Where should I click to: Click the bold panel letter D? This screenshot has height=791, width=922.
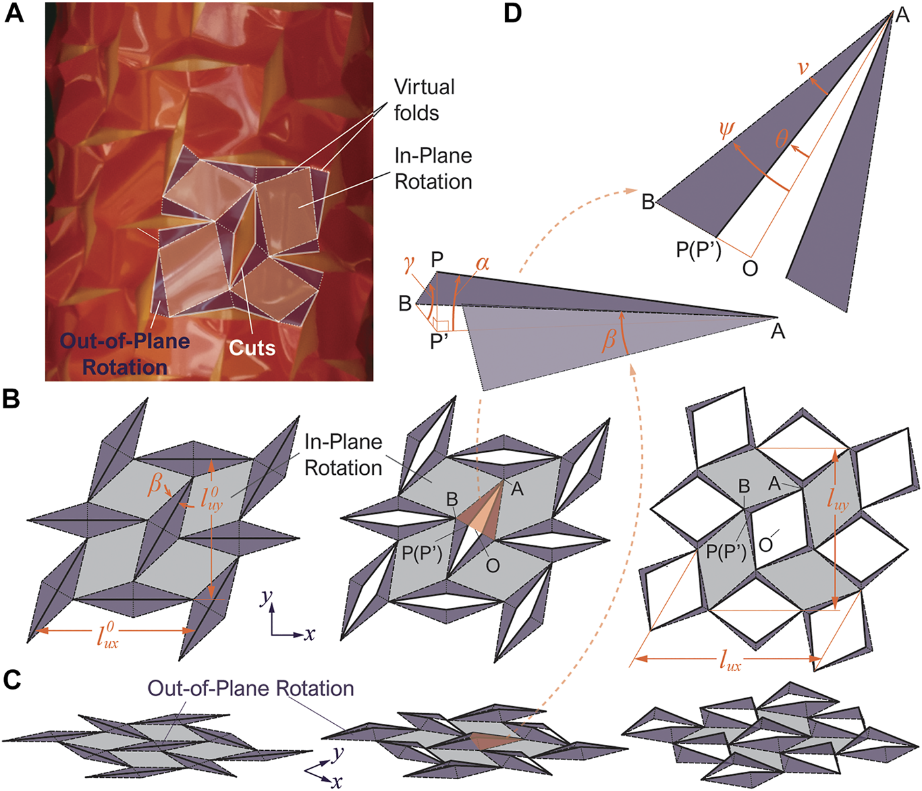click(513, 13)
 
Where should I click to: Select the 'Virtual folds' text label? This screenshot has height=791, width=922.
click(424, 99)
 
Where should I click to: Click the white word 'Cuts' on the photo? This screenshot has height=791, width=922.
click(252, 347)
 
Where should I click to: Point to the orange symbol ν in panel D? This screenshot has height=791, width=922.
click(803, 67)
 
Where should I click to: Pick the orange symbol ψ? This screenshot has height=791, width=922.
click(726, 130)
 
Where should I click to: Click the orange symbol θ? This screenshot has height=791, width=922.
click(782, 138)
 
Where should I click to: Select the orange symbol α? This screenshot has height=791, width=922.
click(482, 263)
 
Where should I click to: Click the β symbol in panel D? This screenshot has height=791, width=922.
click(610, 339)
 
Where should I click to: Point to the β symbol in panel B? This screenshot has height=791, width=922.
click(155, 484)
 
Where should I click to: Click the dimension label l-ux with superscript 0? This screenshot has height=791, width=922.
click(108, 636)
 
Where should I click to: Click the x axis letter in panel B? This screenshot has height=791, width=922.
click(309, 634)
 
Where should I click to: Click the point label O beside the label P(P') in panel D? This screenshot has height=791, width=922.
click(749, 268)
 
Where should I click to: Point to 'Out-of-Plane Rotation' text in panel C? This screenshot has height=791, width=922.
click(250, 688)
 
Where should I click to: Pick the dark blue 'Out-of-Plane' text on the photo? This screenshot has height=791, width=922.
click(125, 341)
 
